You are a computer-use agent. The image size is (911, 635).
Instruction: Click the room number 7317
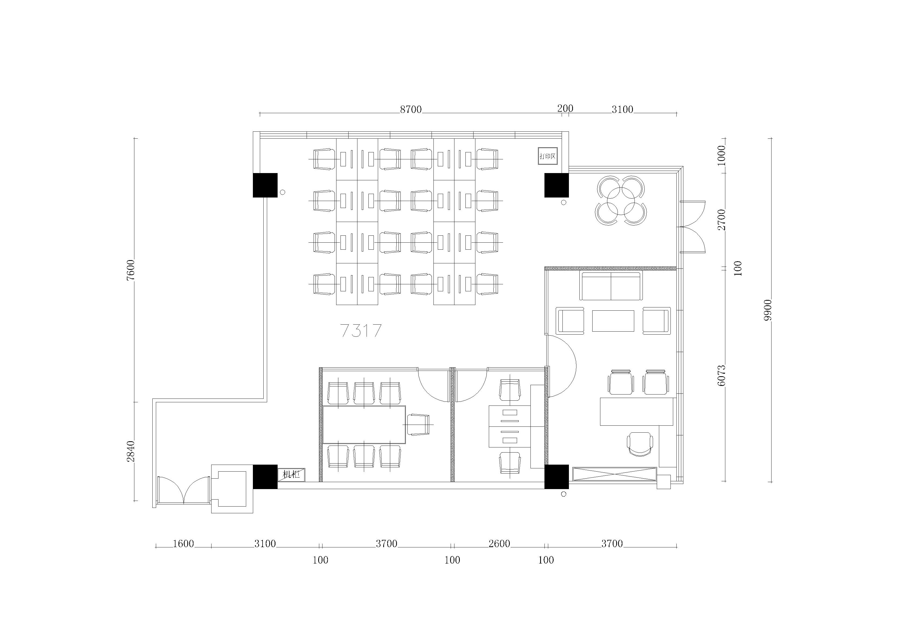tap(361, 331)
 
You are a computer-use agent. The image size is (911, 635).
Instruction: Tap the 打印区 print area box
tap(548, 156)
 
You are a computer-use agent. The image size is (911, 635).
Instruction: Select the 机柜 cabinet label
tap(291, 474)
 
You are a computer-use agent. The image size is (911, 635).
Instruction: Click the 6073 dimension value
tap(721, 375)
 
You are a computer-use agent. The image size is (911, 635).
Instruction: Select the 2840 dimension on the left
tap(131, 451)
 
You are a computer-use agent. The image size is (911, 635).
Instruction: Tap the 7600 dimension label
tap(131, 270)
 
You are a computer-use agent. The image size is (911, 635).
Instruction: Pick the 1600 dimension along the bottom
tap(183, 543)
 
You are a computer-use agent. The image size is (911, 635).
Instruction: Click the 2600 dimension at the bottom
tap(499, 543)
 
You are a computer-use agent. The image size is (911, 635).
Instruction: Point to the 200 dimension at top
tap(565, 108)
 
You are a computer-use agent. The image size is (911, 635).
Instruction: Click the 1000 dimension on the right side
tap(721, 156)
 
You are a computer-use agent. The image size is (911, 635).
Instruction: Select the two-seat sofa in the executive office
tap(611, 286)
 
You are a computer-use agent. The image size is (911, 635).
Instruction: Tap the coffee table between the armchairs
tap(613, 321)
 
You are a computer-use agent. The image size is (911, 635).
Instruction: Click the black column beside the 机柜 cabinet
tap(265, 477)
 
